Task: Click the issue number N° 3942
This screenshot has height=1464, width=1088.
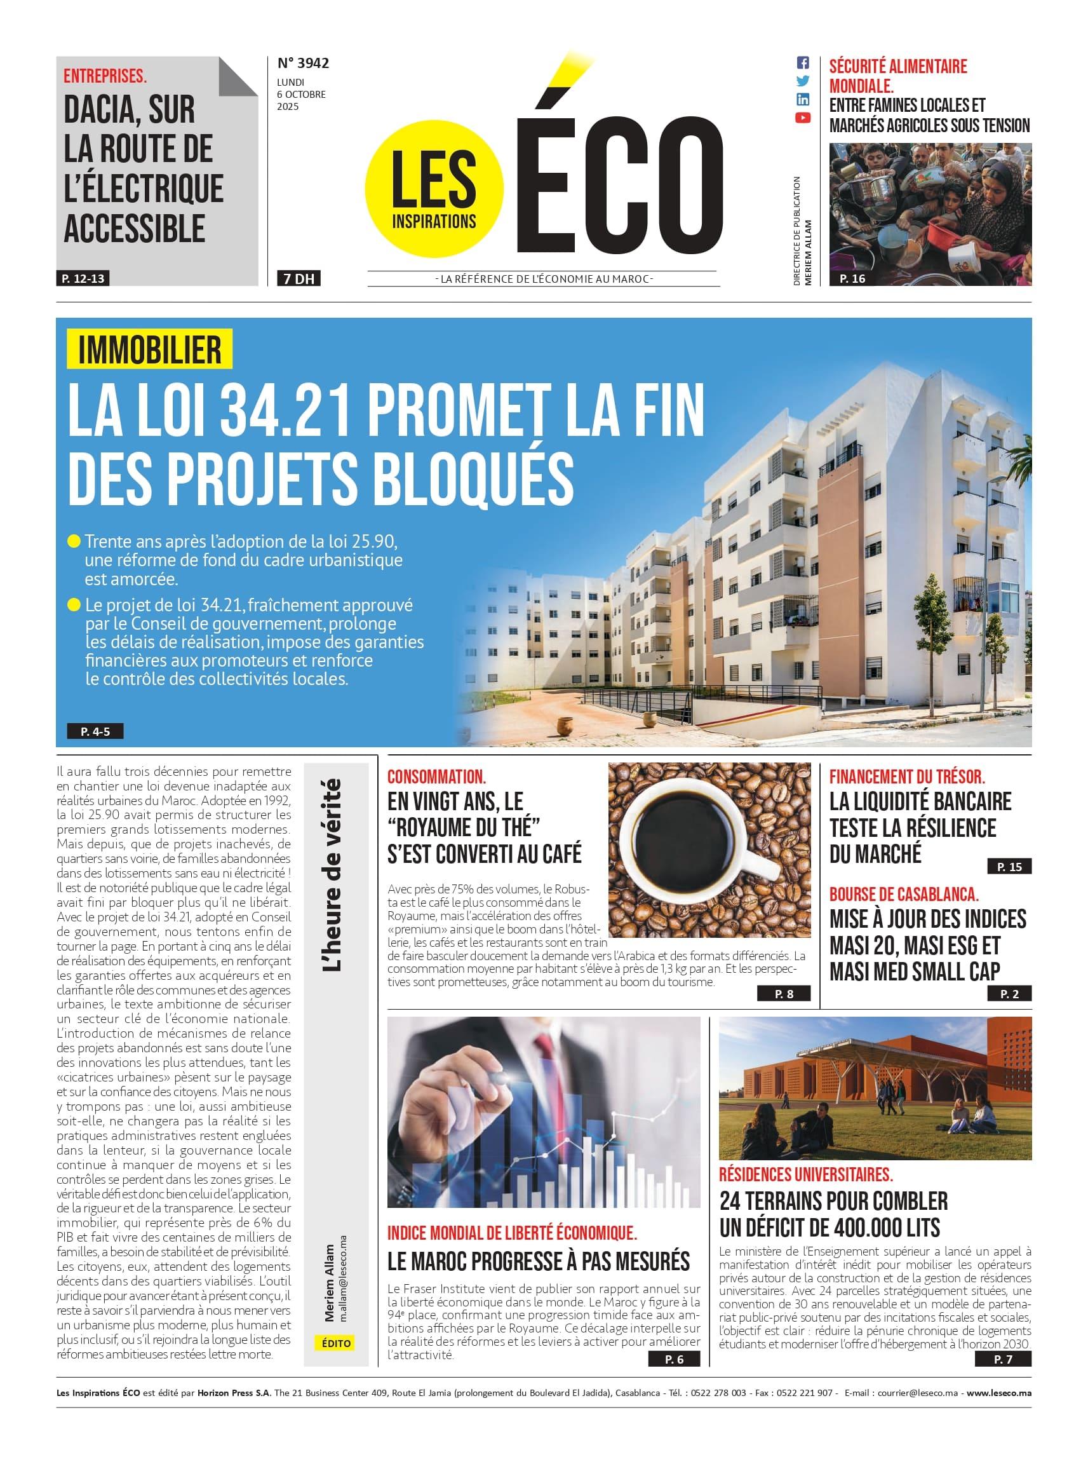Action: (x=303, y=64)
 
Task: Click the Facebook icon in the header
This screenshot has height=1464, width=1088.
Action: (x=803, y=64)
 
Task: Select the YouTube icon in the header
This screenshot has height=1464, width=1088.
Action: (x=803, y=118)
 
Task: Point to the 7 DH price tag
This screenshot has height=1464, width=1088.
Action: (x=299, y=279)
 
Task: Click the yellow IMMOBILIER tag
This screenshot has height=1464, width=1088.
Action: (x=149, y=349)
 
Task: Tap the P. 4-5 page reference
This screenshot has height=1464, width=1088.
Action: (x=95, y=731)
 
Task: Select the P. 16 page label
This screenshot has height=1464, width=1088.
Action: (x=852, y=279)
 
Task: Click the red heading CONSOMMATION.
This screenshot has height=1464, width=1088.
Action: (x=436, y=776)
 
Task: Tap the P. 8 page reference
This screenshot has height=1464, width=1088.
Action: (x=784, y=994)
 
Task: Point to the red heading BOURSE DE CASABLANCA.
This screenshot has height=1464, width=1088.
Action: (x=904, y=894)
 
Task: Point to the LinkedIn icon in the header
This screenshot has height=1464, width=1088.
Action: (x=803, y=100)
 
